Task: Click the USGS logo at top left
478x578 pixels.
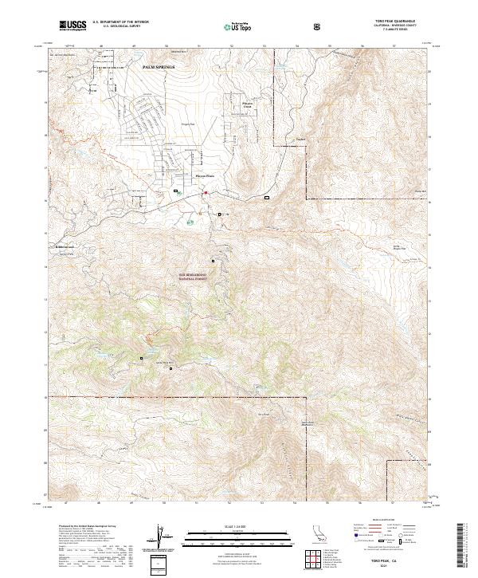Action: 73,26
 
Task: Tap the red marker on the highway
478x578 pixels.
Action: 205,192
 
